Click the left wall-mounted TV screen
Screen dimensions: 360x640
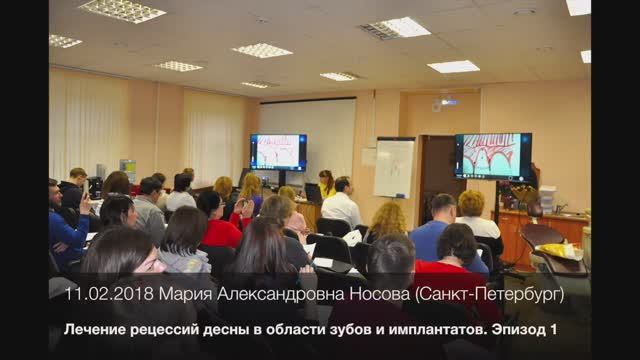tap(278, 152)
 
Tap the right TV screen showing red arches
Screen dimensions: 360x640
tap(493, 156)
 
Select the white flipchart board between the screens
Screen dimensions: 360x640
tap(394, 166)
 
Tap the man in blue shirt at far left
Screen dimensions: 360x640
tap(65, 225)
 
